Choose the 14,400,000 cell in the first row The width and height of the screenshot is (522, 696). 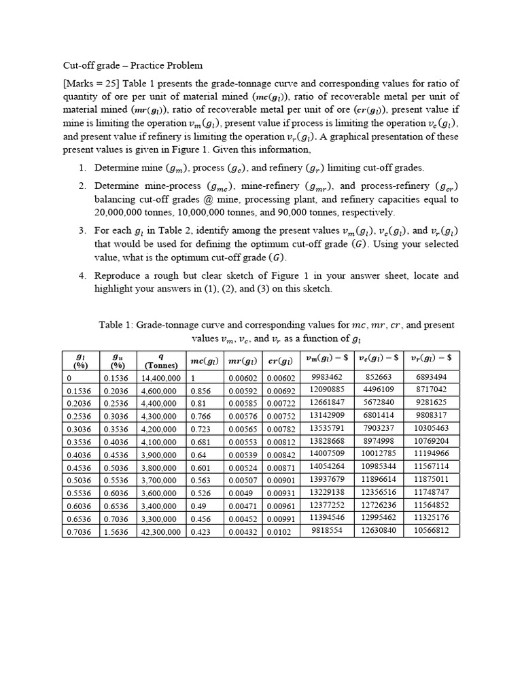click(x=160, y=378)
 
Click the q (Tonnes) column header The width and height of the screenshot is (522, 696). click(x=161, y=360)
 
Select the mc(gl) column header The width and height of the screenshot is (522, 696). click(x=205, y=360)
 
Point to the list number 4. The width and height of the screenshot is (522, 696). click(x=82, y=276)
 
